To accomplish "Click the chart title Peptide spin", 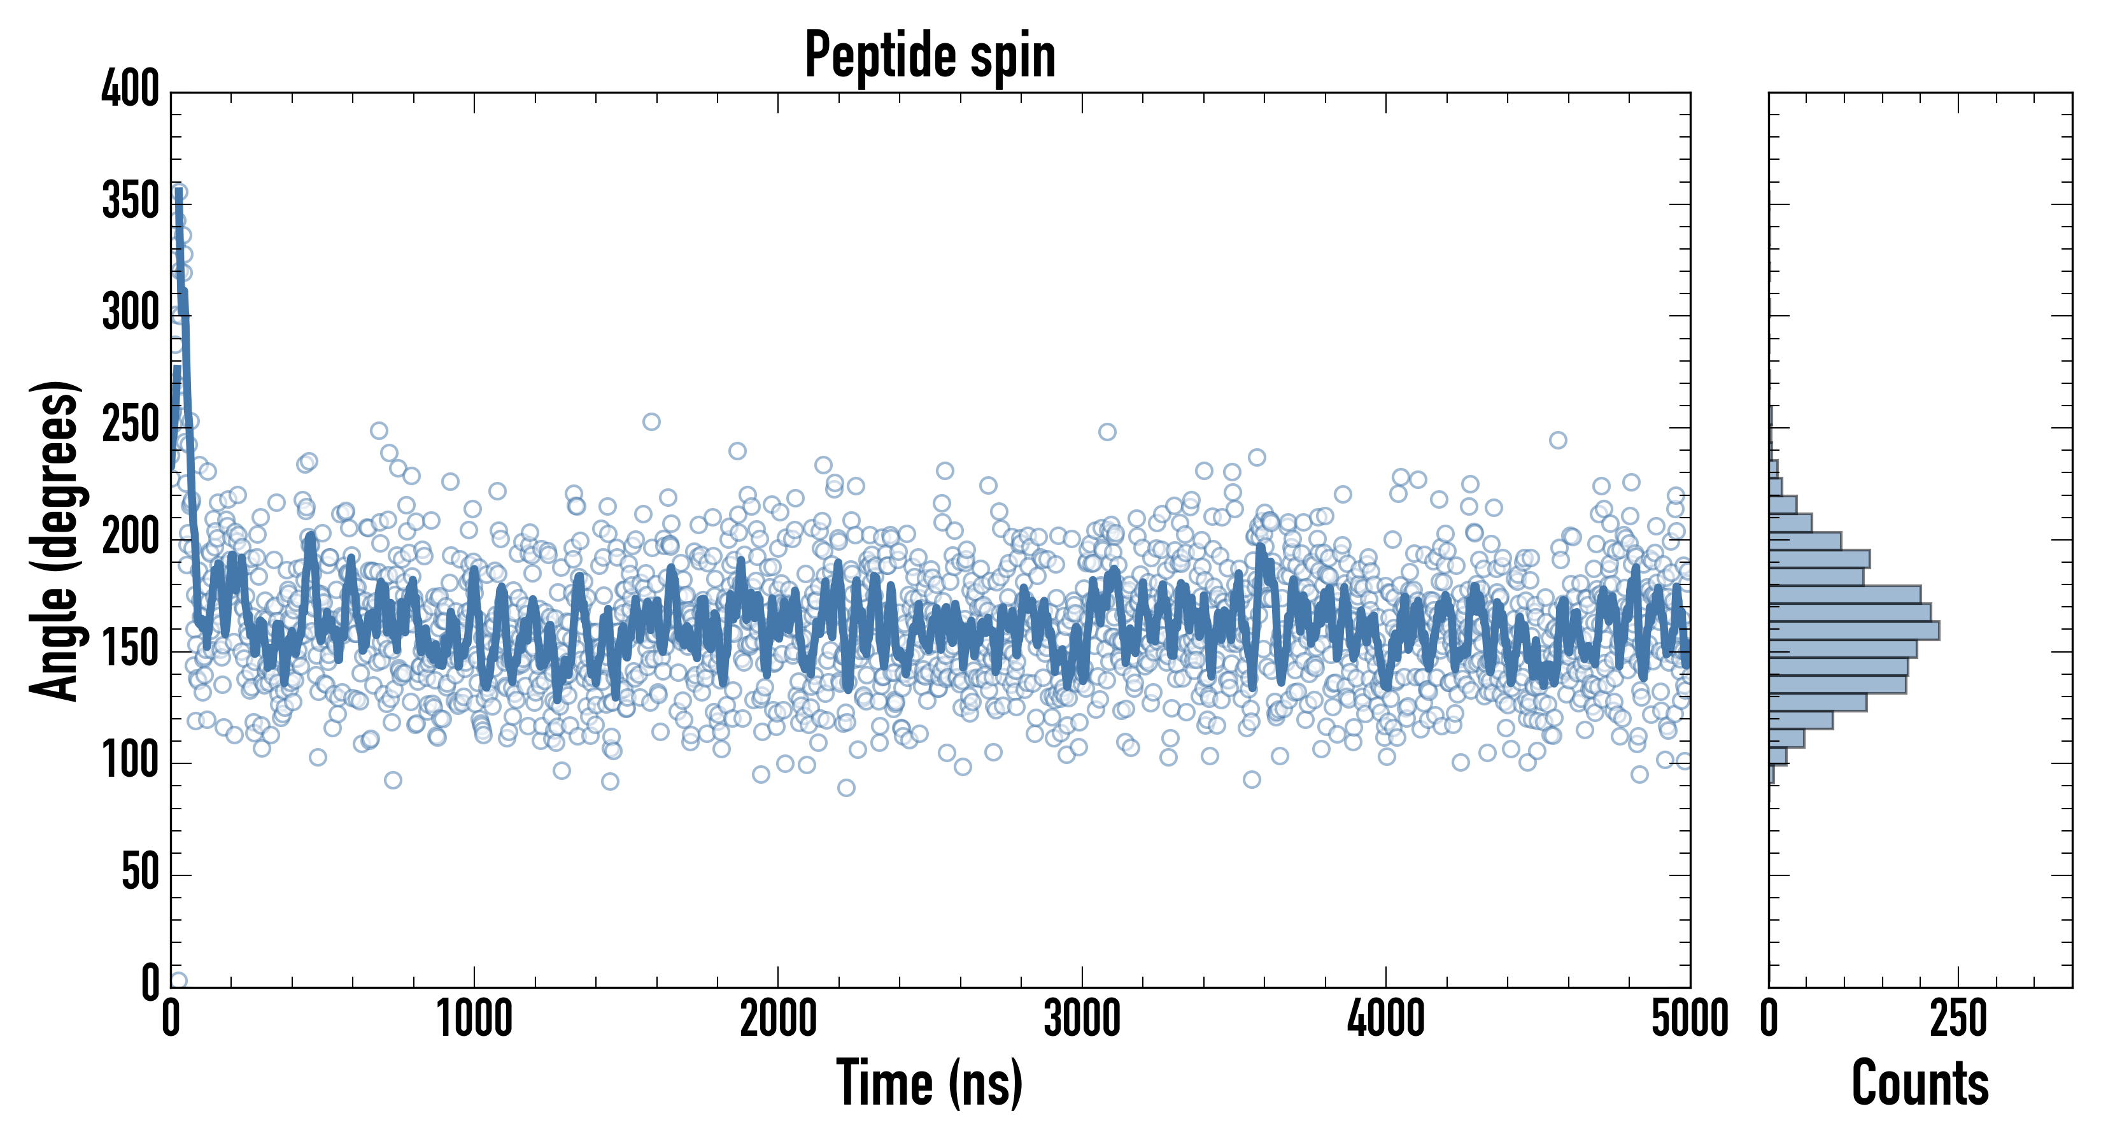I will coord(930,55).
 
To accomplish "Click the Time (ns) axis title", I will coord(929,1082).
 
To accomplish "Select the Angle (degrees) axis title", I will coord(55,540).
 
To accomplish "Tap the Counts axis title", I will coord(1920,1082).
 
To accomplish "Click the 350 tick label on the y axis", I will coord(131,201).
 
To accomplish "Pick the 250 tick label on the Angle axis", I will coord(131,425).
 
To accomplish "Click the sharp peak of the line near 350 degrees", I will coord(178,192).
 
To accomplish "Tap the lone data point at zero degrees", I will coord(179,980).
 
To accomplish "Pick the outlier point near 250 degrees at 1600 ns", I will coord(651,421).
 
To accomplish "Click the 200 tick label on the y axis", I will coord(131,537).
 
